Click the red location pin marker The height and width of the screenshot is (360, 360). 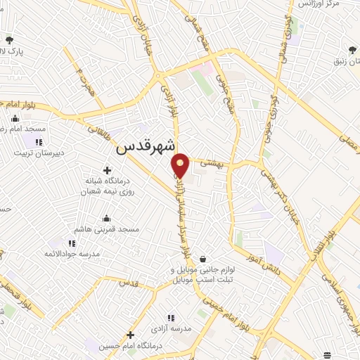click(x=181, y=165)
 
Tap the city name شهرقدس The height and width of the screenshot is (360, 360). click(x=144, y=148)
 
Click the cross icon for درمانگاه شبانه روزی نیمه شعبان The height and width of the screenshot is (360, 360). click(x=107, y=170)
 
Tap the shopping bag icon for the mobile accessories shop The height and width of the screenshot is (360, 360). click(x=203, y=259)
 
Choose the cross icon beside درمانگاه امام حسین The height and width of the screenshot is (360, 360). click(x=130, y=335)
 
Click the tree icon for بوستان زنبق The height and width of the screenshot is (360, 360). click(x=352, y=49)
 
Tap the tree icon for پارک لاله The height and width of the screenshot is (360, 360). click(x=9, y=39)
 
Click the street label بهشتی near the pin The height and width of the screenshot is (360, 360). click(x=212, y=162)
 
